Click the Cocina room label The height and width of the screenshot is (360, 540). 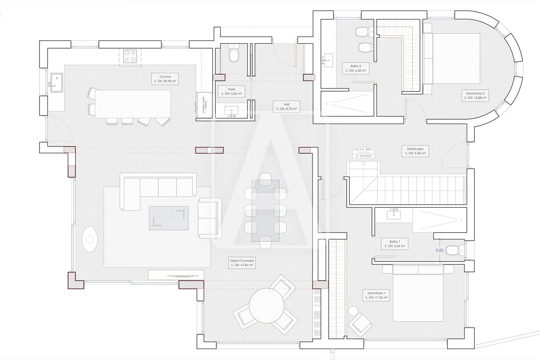[x=165, y=79]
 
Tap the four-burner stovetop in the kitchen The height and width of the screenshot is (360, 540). [x=130, y=56]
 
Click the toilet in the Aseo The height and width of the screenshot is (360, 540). [x=234, y=54]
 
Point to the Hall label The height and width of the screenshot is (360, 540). [x=287, y=106]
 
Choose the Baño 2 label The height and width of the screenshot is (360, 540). [x=356, y=68]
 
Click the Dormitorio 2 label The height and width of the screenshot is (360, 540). [x=475, y=96]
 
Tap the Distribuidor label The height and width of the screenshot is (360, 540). [x=415, y=151]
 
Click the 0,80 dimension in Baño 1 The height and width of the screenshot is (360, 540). [x=439, y=250]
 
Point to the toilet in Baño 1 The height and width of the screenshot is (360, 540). [x=453, y=250]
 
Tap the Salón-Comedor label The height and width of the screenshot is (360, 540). [x=242, y=263]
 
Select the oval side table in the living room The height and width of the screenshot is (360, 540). [x=90, y=239]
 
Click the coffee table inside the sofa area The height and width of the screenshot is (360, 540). [x=169, y=218]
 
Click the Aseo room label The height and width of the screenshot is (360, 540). [x=232, y=91]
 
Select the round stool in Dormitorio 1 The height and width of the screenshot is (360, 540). [x=353, y=311]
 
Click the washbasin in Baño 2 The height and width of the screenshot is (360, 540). [x=327, y=61]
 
